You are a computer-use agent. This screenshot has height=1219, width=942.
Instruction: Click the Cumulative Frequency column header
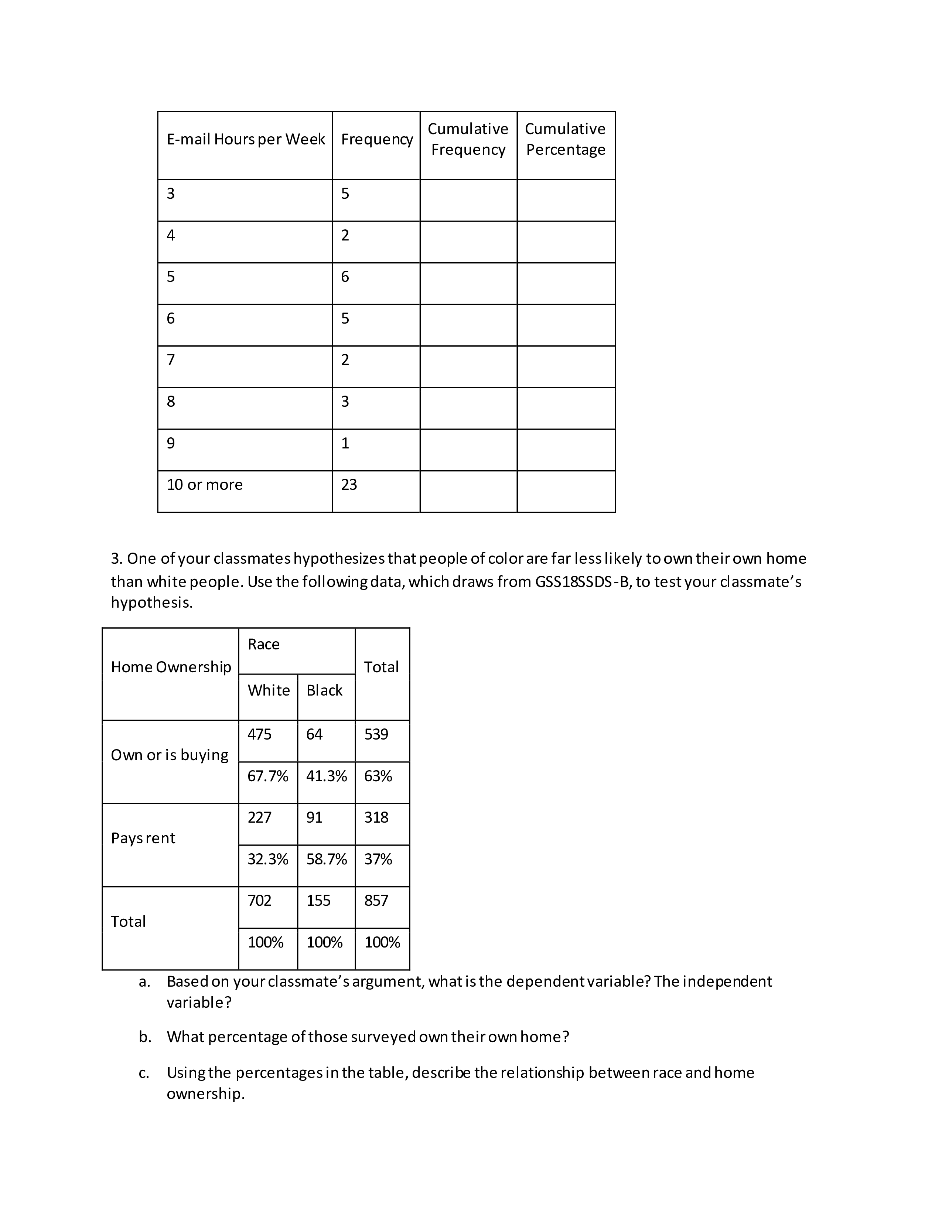point(468,139)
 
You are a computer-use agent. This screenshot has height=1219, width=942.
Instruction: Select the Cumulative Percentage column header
point(565,139)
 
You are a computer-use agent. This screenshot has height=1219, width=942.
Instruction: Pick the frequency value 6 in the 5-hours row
point(345,276)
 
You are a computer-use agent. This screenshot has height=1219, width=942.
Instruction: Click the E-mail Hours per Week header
point(246,139)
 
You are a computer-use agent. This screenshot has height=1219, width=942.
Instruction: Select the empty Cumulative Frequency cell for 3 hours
point(468,200)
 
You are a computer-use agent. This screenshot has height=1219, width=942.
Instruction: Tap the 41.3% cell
point(327,776)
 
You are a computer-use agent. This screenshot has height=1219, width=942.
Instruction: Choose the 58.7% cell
point(327,859)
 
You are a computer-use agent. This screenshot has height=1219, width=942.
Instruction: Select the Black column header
point(324,690)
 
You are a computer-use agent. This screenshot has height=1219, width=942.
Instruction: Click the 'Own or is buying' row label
point(170,755)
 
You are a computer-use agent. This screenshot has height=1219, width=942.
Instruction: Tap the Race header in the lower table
point(263,644)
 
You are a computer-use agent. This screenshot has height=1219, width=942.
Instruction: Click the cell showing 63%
point(378,776)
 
